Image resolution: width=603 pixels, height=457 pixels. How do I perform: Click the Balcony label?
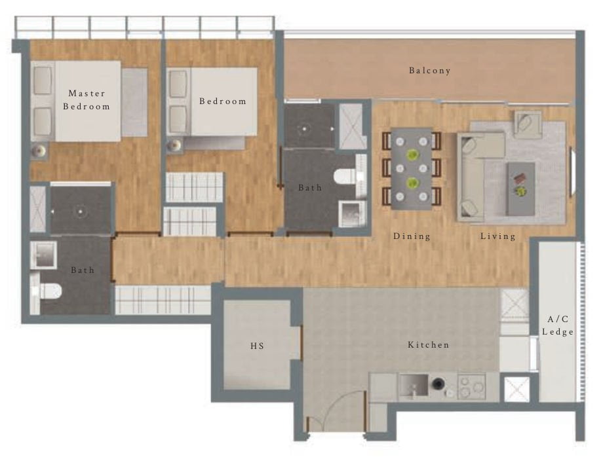tap(430, 71)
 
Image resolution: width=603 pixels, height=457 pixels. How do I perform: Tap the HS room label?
tap(257, 346)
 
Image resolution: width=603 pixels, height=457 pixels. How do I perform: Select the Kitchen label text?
tap(429, 344)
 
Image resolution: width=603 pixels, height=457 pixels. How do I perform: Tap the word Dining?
tap(412, 236)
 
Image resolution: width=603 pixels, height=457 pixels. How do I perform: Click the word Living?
tap(497, 236)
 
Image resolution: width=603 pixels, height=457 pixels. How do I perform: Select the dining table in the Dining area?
tap(412, 168)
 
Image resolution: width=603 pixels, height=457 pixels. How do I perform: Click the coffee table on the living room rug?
tap(521, 187)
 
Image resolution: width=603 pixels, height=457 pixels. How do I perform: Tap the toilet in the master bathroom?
tap(49, 289)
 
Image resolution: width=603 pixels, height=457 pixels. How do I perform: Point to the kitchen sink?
tap(413, 385)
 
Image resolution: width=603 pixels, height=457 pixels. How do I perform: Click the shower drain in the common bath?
tap(305, 129)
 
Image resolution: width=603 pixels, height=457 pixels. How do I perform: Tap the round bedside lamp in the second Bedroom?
tap(174, 145)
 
